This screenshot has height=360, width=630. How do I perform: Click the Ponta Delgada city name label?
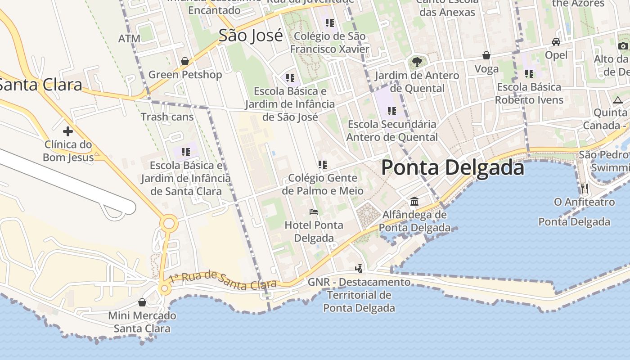click(452, 168)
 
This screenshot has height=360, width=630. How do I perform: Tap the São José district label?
click(251, 35)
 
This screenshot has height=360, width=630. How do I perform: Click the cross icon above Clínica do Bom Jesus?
click(68, 131)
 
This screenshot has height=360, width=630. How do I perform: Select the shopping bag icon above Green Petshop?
click(184, 61)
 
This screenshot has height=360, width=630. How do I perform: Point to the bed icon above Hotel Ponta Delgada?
click(314, 211)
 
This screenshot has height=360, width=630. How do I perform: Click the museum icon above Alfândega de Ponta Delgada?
click(414, 201)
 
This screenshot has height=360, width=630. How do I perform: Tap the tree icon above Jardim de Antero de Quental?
click(417, 62)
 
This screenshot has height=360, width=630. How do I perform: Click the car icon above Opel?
click(556, 42)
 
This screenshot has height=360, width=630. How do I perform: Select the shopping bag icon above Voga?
click(486, 55)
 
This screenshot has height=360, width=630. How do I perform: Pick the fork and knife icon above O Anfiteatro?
click(584, 188)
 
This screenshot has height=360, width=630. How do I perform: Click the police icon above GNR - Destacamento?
click(359, 269)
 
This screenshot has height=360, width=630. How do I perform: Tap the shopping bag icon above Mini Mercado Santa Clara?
click(142, 302)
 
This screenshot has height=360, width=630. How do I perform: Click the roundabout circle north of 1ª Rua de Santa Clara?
click(170, 223)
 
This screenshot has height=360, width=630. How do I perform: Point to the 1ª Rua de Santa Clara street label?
click(223, 280)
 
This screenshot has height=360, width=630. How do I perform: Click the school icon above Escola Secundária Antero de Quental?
click(392, 111)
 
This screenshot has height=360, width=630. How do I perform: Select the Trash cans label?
click(167, 117)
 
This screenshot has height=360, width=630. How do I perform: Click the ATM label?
click(129, 39)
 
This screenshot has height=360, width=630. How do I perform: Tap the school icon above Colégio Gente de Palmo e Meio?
click(322, 165)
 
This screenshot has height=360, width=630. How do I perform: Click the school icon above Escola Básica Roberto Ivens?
click(529, 73)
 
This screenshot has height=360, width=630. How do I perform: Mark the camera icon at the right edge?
click(623, 46)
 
